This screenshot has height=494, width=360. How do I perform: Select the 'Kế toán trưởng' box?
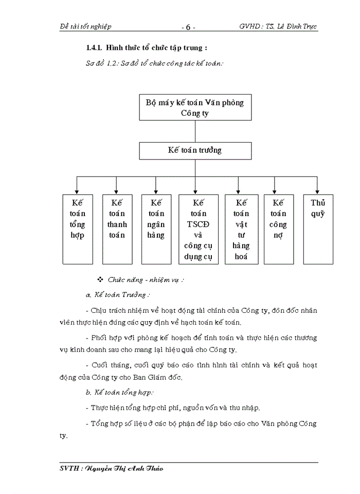pyautogui.click(x=195, y=151)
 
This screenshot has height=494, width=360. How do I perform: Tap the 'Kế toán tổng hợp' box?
pyautogui.click(x=77, y=229)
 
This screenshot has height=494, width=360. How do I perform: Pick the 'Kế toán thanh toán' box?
pyautogui.click(x=117, y=229)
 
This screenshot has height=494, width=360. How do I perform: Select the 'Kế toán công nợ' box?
pyautogui.click(x=278, y=229)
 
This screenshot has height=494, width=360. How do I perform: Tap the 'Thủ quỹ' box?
pyautogui.click(x=318, y=229)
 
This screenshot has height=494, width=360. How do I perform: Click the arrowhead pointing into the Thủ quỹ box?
pyautogui.click(x=318, y=191)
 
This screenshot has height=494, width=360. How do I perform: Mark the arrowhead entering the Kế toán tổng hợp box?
pyautogui.click(x=77, y=191)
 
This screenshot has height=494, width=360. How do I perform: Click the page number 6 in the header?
pyautogui.click(x=189, y=27)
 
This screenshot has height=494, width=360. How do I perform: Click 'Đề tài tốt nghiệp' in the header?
pyautogui.click(x=86, y=26)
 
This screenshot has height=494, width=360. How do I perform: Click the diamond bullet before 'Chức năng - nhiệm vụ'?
pyautogui.click(x=100, y=279)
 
